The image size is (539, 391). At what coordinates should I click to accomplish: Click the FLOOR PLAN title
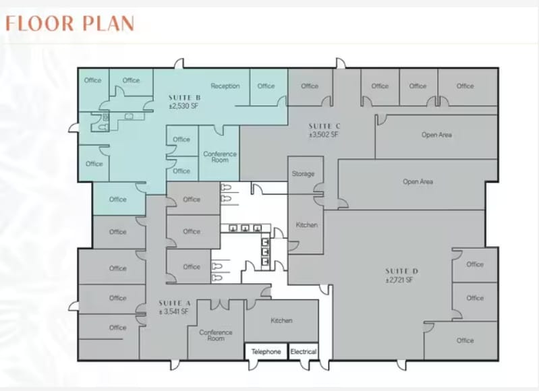click(x=69, y=24)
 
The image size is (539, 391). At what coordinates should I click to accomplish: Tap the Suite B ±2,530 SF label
click(x=185, y=102)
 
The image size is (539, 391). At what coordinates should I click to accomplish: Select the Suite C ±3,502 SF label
click(x=324, y=130)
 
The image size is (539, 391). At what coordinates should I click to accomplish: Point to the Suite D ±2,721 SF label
click(x=401, y=276)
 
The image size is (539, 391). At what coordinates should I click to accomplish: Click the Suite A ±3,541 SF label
click(x=174, y=307)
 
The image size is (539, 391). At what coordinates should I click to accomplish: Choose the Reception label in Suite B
click(x=225, y=86)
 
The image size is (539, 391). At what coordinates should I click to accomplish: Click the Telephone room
click(x=266, y=351)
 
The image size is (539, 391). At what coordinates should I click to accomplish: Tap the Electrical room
click(x=304, y=351)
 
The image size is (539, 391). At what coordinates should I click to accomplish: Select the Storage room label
click(x=303, y=174)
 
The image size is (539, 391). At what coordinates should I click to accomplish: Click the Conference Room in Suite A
click(x=215, y=335)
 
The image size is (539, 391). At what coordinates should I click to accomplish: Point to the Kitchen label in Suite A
click(x=281, y=321)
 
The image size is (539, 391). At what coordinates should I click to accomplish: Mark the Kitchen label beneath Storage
click(x=307, y=224)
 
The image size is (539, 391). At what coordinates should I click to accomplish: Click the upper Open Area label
click(x=436, y=135)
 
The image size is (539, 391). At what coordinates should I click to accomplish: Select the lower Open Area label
click(x=418, y=181)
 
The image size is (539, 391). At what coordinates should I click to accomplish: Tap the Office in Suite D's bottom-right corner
click(x=465, y=340)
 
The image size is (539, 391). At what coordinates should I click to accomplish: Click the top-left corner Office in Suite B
click(x=93, y=80)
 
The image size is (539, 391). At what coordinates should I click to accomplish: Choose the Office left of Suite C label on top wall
click(x=310, y=86)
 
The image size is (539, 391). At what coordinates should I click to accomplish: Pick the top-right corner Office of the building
click(x=465, y=86)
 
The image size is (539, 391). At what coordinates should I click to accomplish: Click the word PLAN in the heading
click(x=109, y=24)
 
